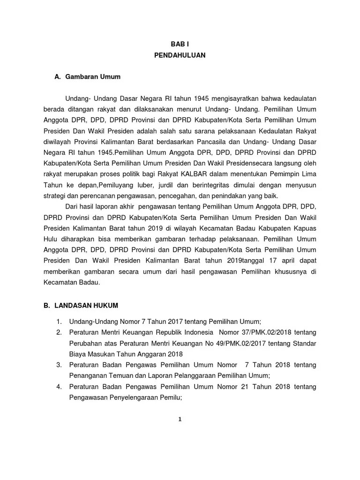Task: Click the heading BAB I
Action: (x=180, y=42)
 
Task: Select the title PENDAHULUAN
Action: (x=180, y=55)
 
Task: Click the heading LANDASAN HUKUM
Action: (x=87, y=306)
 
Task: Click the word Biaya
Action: (x=78, y=354)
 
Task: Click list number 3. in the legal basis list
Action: (x=60, y=365)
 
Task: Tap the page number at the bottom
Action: (x=180, y=420)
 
